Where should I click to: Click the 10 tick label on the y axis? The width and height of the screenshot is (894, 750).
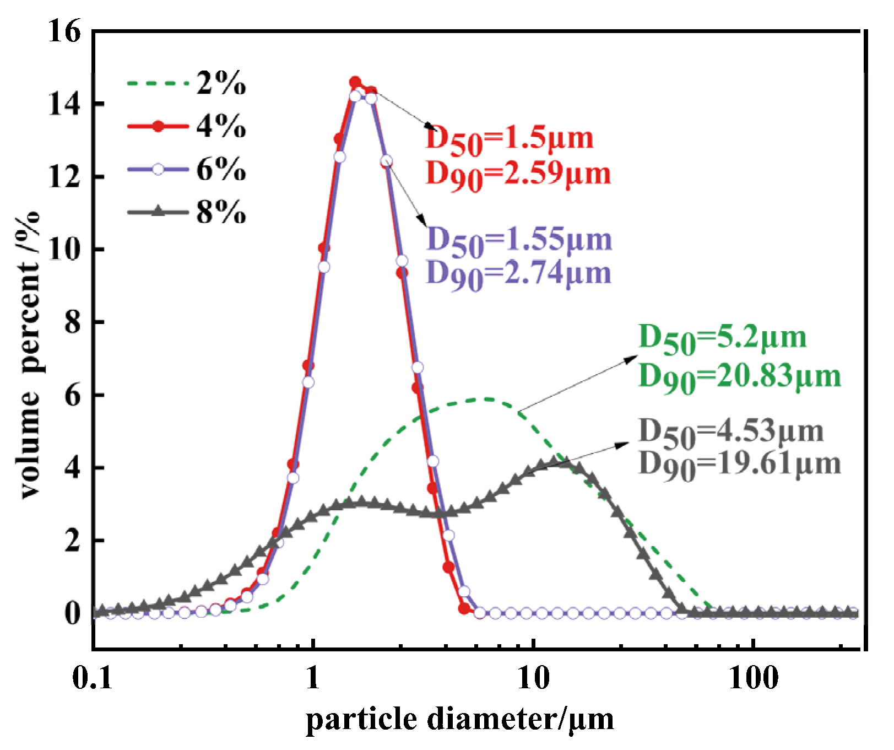64,249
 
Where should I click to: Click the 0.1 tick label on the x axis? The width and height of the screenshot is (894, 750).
92,677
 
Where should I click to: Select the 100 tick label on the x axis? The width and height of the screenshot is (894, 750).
753,677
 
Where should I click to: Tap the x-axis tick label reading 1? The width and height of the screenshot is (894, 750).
313,677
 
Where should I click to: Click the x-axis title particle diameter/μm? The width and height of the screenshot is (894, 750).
459,720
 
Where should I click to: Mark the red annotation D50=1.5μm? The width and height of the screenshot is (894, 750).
510,139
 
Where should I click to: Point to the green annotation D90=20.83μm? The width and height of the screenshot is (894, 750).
739,377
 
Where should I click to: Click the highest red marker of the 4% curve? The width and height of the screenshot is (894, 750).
355,82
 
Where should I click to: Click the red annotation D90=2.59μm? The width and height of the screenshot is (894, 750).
518,174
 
